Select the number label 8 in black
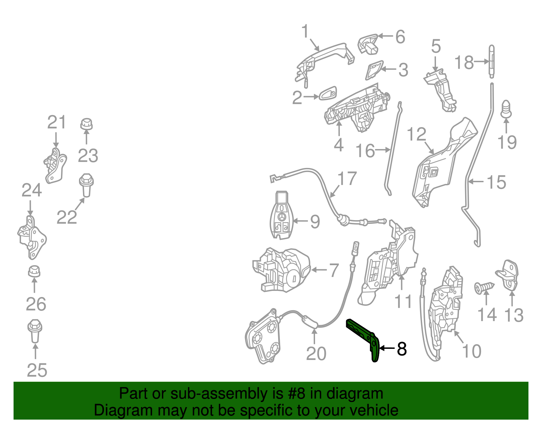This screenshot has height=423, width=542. [x=402, y=349]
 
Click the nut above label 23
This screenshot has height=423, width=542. [x=86, y=124]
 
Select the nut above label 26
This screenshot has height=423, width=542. [x=34, y=271]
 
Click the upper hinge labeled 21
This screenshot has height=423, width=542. [x=55, y=166]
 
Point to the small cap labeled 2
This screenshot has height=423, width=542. [x=328, y=93]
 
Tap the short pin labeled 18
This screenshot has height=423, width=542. [x=492, y=61]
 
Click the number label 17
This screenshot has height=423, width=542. [x=347, y=178]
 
